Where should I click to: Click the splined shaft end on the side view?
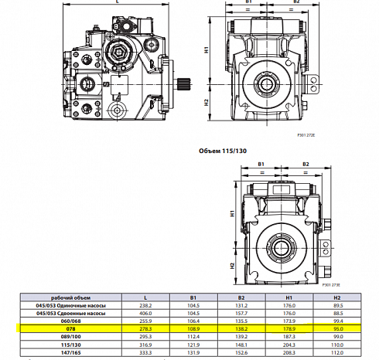[183, 86]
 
